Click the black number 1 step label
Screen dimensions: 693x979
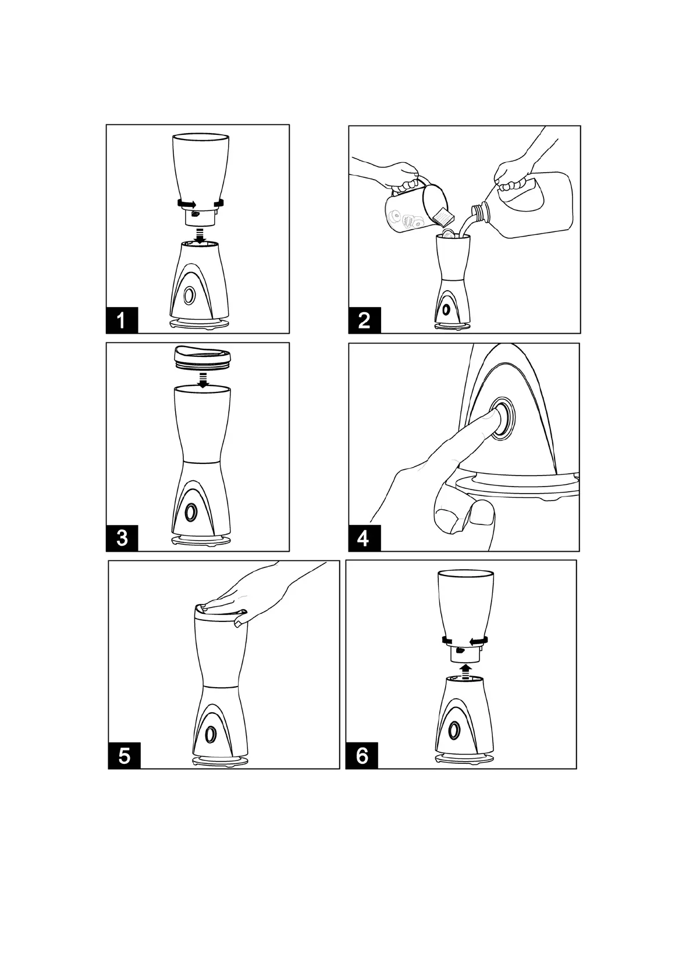point(122,320)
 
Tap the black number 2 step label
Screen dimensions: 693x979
point(364,320)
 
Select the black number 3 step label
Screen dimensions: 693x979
point(122,538)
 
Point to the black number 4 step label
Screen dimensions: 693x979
point(364,538)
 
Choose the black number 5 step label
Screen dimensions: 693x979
point(125,756)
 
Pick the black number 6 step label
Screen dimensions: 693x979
point(362,756)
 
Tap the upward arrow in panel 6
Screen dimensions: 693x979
point(467,670)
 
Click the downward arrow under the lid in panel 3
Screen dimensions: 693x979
point(202,380)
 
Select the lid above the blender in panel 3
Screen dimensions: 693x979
point(202,355)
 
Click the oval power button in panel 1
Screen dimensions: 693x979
point(190,296)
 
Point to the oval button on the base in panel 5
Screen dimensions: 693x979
point(211,734)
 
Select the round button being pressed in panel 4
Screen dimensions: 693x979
point(502,418)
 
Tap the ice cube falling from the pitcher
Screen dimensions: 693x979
point(441,215)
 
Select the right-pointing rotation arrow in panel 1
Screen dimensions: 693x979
point(186,203)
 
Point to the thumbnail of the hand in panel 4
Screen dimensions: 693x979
point(484,512)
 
